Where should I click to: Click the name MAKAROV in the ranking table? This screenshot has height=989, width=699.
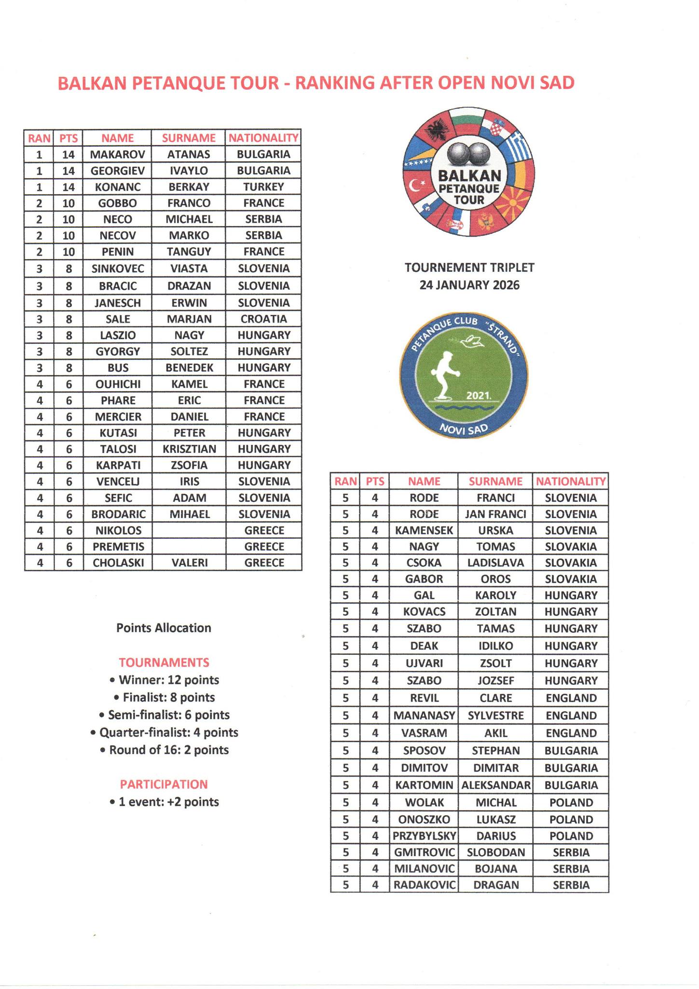118,154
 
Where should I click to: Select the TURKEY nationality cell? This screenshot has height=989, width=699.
263,187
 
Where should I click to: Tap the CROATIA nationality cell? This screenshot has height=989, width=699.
263,319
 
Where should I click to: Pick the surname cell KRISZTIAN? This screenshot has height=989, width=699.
189,449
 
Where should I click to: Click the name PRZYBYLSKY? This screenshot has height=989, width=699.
424,836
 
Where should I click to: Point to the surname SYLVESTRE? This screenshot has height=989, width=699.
495,715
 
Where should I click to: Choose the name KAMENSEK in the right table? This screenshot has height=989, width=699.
424,530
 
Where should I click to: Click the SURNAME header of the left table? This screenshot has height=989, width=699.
189,138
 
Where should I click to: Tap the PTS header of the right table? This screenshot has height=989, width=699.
375,481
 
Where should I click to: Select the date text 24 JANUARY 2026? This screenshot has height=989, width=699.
469,285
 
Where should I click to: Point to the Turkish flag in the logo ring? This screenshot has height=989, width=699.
417,184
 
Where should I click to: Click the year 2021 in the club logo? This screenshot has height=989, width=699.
478,396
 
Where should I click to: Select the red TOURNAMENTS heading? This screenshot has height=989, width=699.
164,662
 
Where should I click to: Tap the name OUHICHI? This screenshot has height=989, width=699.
118,384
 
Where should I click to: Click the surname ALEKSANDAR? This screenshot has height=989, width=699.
495,785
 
